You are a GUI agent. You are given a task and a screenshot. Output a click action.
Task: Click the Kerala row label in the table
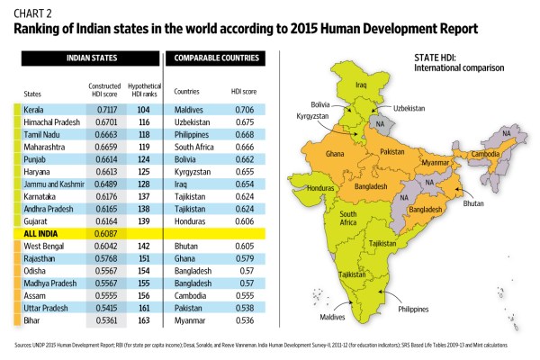tap(34, 107)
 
